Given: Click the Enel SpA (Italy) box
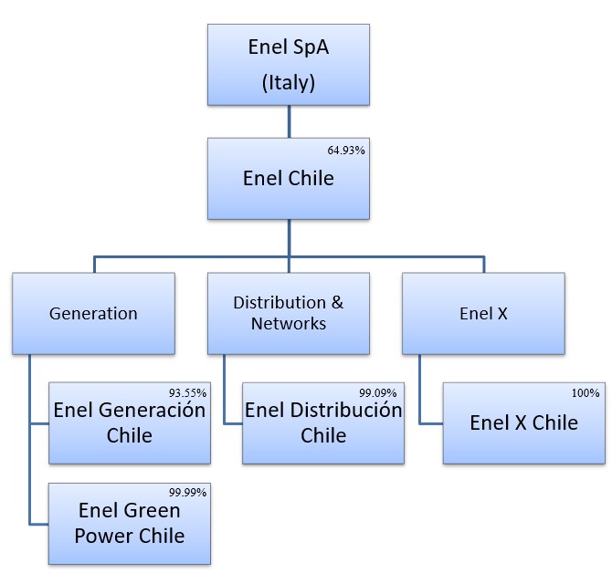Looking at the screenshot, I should point(288,64).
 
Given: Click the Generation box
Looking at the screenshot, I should point(93,313).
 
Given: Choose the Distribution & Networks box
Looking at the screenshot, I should point(288,313).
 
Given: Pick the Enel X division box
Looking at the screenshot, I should point(483,313).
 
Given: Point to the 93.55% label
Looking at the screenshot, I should point(188,392).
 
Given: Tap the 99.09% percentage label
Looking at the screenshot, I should point(382,392).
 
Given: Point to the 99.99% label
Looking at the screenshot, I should point(188,492).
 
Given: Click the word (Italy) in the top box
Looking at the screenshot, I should point(288,82).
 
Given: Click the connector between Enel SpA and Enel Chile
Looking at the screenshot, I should point(289,121).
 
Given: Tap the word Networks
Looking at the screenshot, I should point(288,323).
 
